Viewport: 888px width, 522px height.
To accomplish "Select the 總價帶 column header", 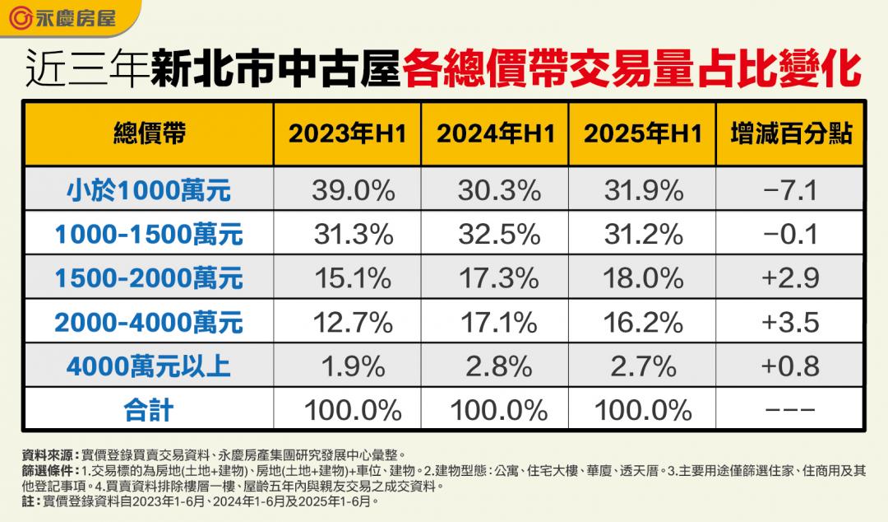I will point(149,134).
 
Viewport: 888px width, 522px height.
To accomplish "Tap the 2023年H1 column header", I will point(347,134).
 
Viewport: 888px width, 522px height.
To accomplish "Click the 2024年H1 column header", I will point(495,134).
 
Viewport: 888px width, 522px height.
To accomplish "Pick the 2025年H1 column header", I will point(643,134).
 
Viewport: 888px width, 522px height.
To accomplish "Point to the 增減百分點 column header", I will point(790,134).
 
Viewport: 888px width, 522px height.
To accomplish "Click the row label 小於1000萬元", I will point(149,191).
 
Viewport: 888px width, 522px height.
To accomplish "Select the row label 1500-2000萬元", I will point(149,278).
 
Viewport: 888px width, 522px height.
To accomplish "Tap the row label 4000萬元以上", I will point(149,366).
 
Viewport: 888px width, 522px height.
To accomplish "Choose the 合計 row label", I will point(149,409).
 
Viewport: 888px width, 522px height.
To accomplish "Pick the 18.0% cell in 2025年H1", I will point(641,278).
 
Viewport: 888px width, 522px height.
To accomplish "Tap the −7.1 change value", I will point(790,191).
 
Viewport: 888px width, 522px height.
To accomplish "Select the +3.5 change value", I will point(790,322).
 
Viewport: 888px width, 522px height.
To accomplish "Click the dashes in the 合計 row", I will point(790,409).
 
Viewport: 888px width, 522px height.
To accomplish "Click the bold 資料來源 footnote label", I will point(50,454).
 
